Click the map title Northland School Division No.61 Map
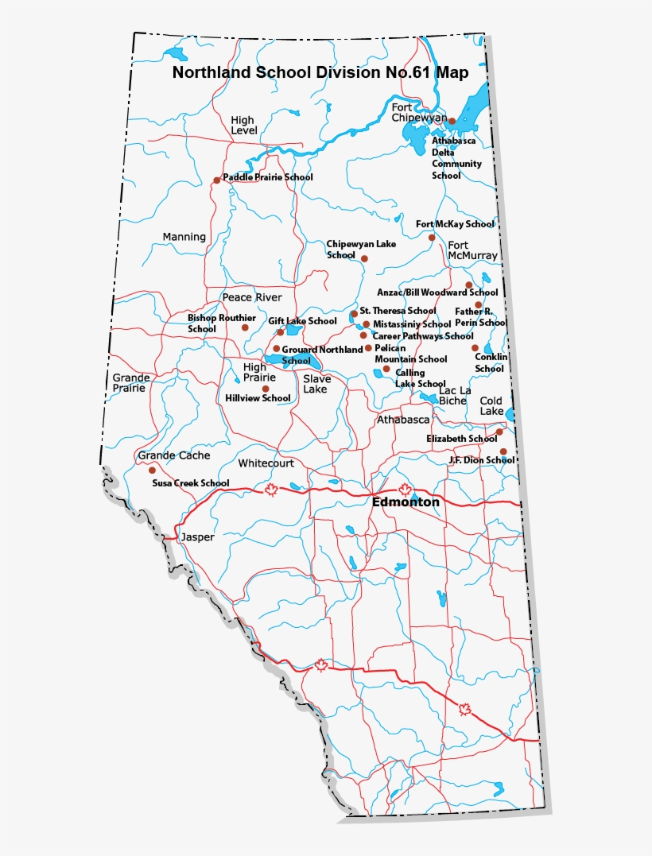320,73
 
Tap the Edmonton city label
406,502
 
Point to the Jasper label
197,537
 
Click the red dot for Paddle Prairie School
216,180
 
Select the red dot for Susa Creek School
152,471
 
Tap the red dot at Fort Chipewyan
452,122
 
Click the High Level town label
243,125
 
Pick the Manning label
184,237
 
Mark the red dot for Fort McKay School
432,238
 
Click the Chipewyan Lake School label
360,250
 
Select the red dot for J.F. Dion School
503,451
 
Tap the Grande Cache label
174,455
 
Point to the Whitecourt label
266,463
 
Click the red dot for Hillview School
266,389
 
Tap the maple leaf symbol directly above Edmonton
404,489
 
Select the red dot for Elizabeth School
499,432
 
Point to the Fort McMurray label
472,250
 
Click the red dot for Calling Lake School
386,369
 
